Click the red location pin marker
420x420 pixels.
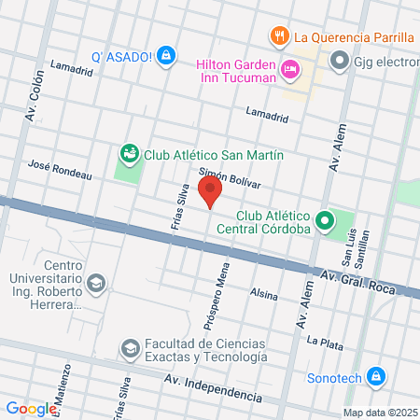point(211,192)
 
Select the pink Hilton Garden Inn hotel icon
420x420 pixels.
point(290,68)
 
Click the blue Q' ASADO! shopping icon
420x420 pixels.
point(166,56)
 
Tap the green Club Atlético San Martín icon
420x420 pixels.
point(129,152)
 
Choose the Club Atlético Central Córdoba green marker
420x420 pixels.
point(325,221)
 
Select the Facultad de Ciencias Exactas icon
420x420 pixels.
point(129,349)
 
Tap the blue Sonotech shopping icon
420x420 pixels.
point(375,377)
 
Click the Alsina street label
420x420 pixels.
point(264,294)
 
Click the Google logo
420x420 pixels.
point(32,408)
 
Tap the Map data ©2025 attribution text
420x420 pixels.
point(379,413)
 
